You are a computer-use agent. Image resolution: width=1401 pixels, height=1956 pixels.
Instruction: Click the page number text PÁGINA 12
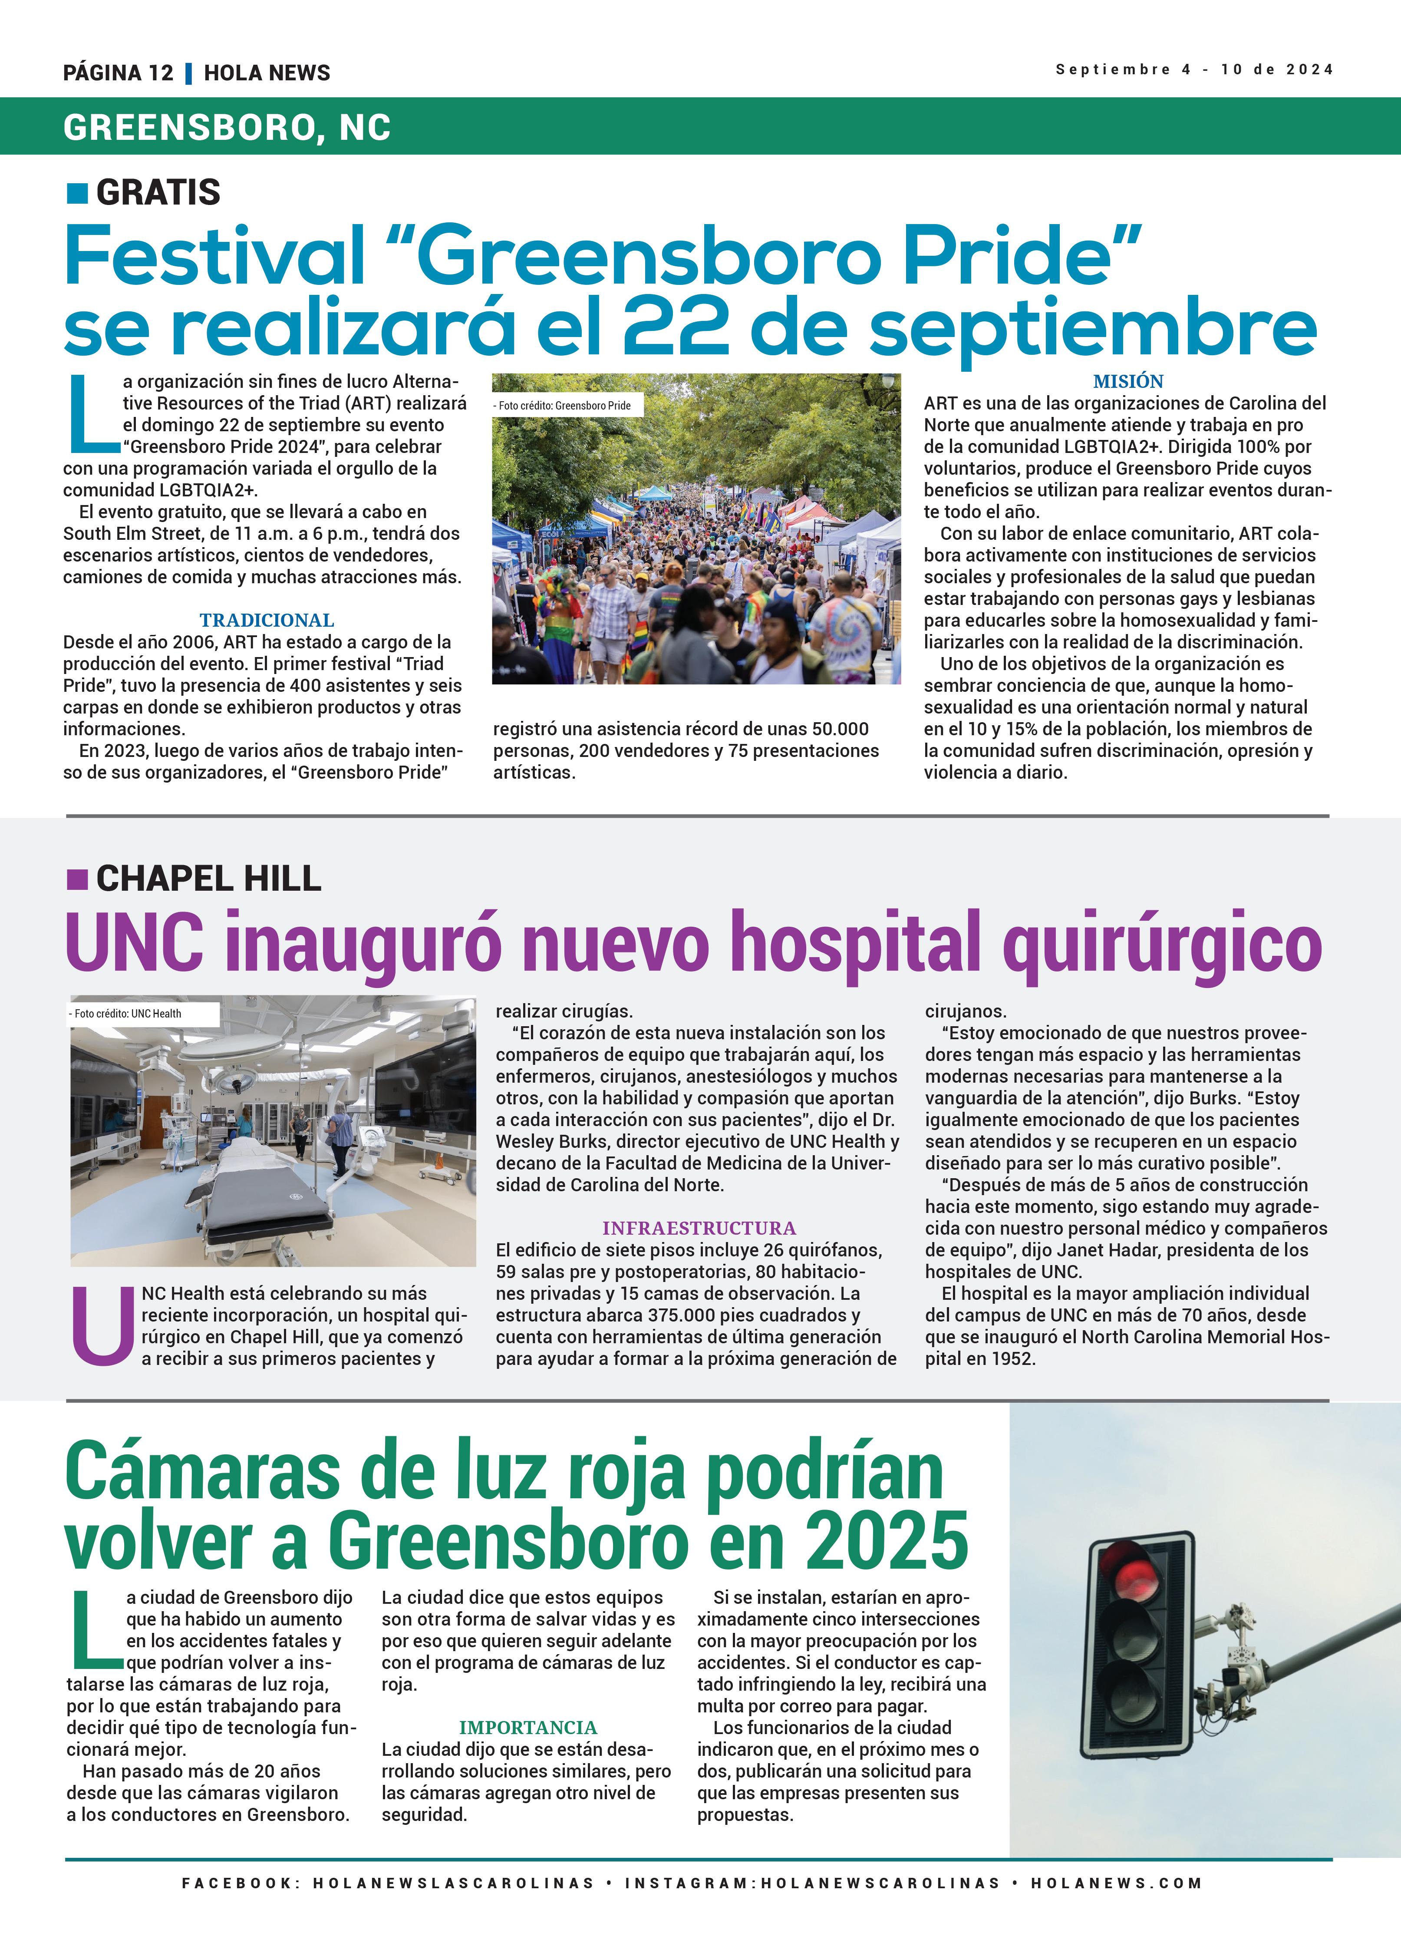(x=118, y=73)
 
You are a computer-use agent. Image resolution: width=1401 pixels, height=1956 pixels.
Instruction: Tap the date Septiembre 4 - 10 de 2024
(x=1194, y=69)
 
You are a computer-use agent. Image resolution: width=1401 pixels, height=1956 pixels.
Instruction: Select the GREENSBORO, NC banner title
(x=227, y=128)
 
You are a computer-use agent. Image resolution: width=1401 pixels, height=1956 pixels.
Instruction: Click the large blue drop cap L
(x=91, y=414)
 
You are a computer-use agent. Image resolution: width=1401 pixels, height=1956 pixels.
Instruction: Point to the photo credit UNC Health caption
(x=128, y=1013)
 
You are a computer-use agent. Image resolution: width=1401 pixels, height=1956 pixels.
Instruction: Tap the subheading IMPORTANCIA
(x=527, y=1728)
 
